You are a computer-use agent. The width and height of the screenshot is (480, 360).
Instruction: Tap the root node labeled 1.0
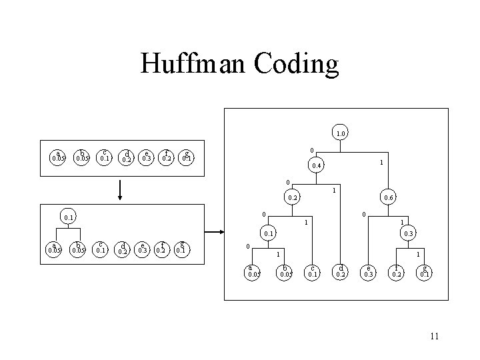[x=341, y=134]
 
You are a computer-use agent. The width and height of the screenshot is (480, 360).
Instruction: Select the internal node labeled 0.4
[x=319, y=165]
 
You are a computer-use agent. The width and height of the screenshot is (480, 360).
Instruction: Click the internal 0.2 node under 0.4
[x=292, y=198]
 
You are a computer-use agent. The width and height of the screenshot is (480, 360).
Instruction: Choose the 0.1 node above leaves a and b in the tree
[x=268, y=233]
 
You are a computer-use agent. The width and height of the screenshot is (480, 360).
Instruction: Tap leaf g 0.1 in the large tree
[x=425, y=271]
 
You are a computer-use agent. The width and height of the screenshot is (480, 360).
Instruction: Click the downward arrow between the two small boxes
[x=119, y=189]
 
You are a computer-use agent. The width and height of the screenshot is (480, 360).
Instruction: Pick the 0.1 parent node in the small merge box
[x=68, y=217]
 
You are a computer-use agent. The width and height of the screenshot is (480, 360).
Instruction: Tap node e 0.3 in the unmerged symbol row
[x=146, y=157]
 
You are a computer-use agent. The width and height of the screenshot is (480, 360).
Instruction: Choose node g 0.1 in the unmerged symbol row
[x=188, y=157]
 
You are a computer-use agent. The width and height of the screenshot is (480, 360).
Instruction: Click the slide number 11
[x=435, y=336]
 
